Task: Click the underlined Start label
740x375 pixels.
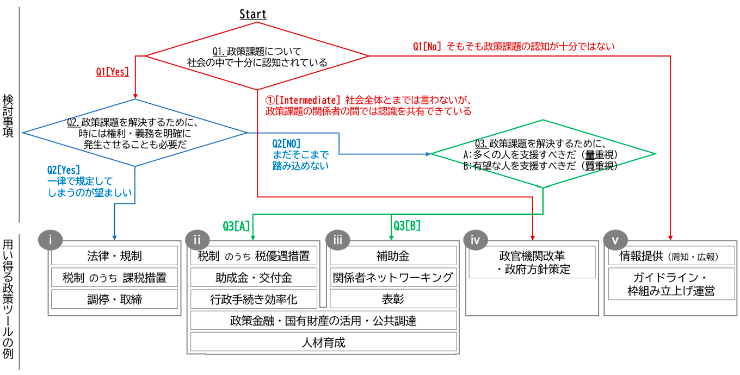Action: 253,14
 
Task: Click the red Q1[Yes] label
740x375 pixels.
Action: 113,72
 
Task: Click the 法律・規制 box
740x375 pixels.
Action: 114,255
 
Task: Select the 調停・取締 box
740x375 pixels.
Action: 114,299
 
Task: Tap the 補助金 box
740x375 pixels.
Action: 393,255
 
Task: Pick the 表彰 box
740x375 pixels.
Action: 393,299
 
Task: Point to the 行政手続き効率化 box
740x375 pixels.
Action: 254,299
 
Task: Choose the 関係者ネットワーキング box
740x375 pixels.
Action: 393,278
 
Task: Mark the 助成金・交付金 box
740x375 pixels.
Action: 254,278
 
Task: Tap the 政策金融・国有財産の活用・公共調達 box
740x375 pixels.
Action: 323,321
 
